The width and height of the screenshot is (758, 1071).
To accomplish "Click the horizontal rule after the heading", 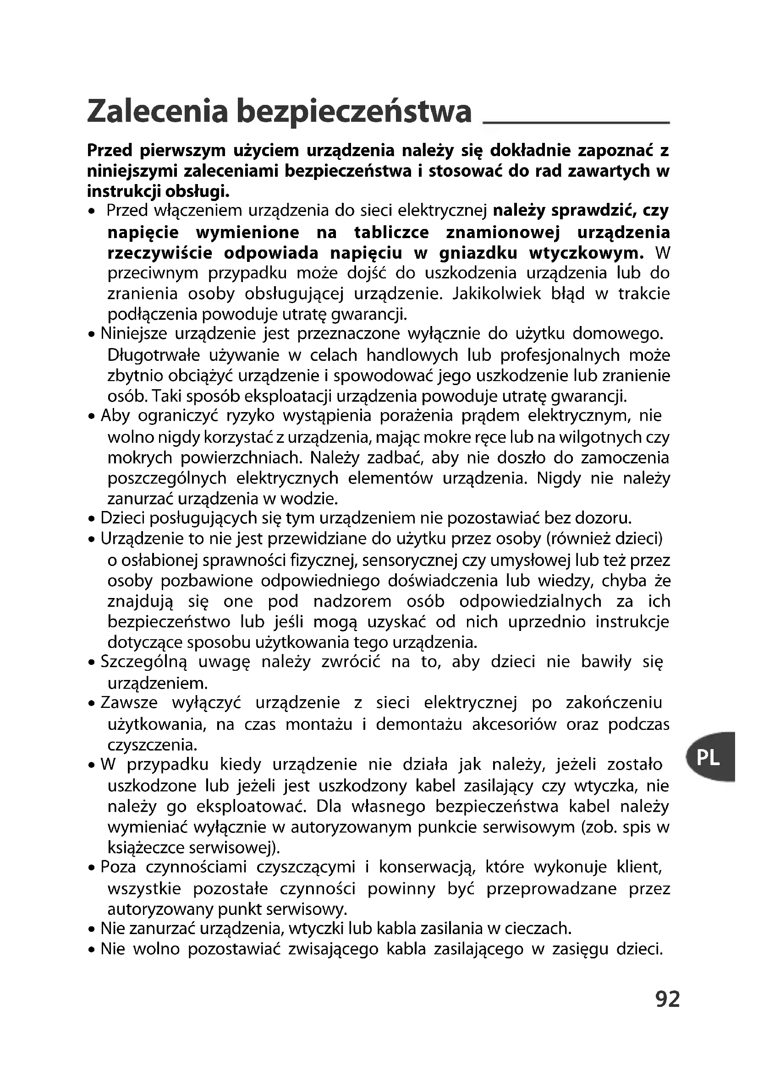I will [576, 122].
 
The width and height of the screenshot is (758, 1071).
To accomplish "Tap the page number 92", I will [667, 999].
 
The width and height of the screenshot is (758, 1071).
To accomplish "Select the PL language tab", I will [709, 757].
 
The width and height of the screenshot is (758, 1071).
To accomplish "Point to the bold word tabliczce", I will [391, 232].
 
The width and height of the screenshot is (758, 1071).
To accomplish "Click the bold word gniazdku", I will [478, 253].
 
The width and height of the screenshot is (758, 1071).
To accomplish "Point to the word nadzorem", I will [352, 601].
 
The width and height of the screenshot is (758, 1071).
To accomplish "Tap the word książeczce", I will [146, 848].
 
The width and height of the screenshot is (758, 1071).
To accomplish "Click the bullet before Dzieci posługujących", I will [92, 519].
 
